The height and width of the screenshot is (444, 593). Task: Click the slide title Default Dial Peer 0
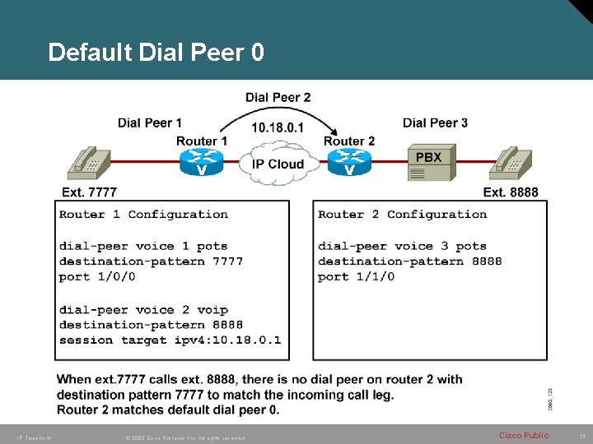pyautogui.click(x=156, y=53)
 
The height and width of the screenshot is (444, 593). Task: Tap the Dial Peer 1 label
pyautogui.click(x=149, y=123)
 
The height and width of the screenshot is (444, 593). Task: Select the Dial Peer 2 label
pyautogui.click(x=278, y=97)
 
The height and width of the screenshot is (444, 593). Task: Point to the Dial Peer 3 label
pyautogui.click(x=435, y=123)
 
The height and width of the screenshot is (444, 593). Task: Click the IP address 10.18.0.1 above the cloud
pyautogui.click(x=277, y=127)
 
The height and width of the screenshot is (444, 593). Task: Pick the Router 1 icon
pyautogui.click(x=202, y=163)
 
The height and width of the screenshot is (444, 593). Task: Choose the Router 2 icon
pyautogui.click(x=349, y=163)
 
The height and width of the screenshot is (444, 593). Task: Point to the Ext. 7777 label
pyautogui.click(x=90, y=192)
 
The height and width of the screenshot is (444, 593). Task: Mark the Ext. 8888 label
pyautogui.click(x=510, y=192)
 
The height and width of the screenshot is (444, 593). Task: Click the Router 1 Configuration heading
pyautogui.click(x=143, y=215)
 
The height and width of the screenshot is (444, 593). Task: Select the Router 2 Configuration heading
pyautogui.click(x=402, y=215)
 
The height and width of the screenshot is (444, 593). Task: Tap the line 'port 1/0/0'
pyautogui.click(x=97, y=277)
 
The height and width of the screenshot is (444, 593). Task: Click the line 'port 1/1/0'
pyautogui.click(x=356, y=277)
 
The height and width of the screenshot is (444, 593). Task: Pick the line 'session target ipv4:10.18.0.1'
pyautogui.click(x=170, y=340)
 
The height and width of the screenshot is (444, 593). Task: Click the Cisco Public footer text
pyautogui.click(x=523, y=435)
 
